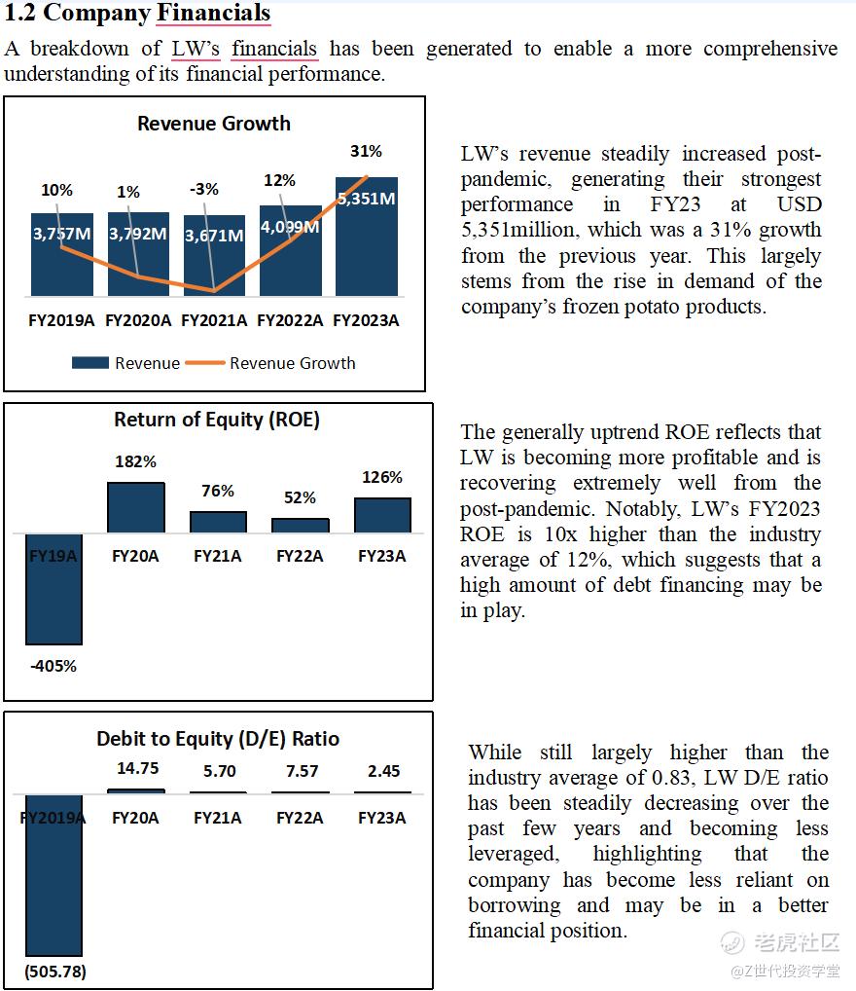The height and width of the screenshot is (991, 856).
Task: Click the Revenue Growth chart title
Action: coord(214,124)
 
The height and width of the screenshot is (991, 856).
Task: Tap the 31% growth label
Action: coord(366,152)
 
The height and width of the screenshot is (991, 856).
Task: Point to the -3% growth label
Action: coord(204,190)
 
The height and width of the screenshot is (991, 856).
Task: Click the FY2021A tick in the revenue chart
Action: coord(214,320)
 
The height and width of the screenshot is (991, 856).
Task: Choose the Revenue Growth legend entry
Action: coord(292,363)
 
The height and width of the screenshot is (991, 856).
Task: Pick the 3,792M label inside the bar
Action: coord(137,234)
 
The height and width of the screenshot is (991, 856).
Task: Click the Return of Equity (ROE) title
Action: coord(217,420)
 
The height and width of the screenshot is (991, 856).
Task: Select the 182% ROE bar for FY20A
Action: coord(135,507)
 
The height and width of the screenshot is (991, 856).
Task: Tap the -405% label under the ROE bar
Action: coord(53,667)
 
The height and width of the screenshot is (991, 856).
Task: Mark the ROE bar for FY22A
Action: coord(300,525)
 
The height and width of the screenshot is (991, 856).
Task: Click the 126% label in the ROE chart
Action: coord(382,478)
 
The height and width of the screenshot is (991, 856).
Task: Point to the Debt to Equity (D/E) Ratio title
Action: coord(218,739)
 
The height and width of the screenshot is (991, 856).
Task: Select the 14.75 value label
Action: coord(137,768)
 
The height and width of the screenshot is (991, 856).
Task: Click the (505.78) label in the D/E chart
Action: coord(53,972)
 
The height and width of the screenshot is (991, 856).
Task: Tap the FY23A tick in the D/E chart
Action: coord(382,818)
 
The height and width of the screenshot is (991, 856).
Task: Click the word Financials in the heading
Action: coord(213,14)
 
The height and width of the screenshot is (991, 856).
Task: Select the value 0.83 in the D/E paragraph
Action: coord(662,778)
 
